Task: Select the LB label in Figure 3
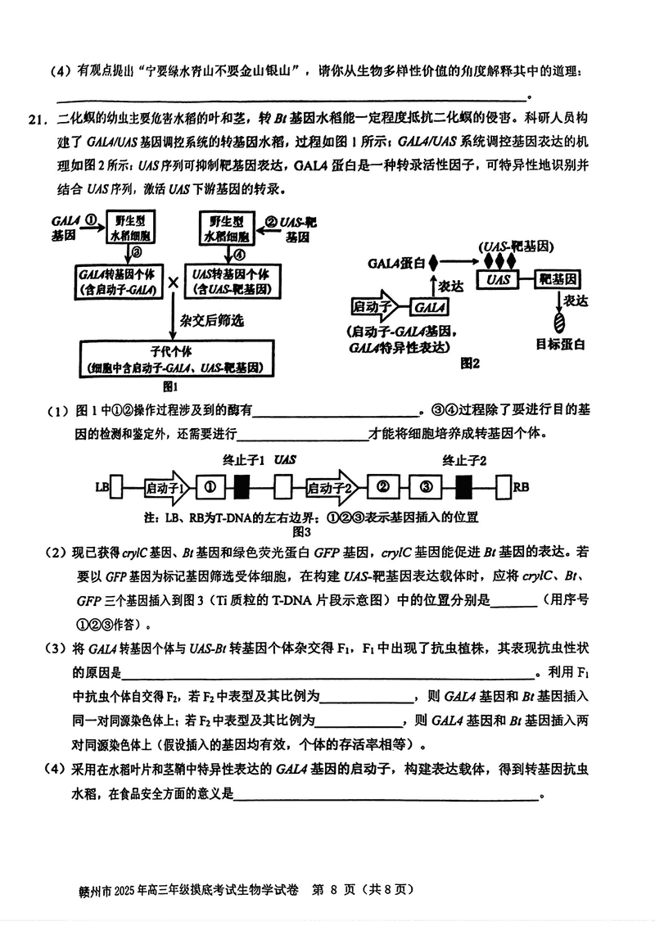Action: tap(102, 488)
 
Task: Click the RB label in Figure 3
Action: tap(521, 488)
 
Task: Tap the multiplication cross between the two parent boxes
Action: tap(174, 282)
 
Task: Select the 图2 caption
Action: tap(470, 362)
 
